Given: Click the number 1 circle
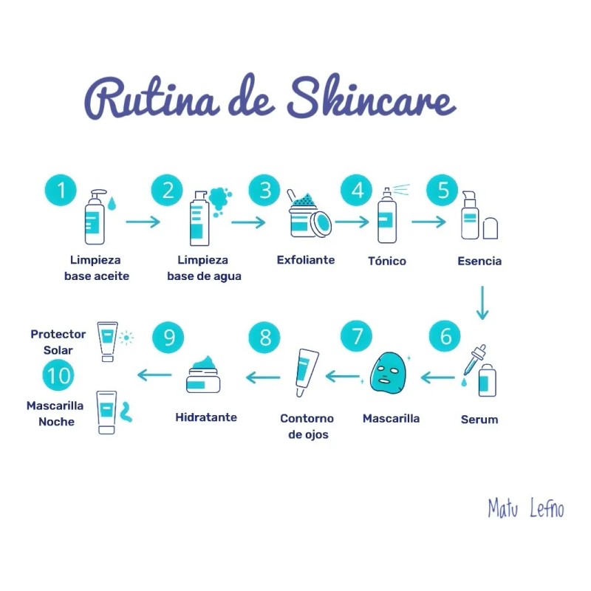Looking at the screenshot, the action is point(62,190).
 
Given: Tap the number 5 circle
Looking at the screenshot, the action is point(443,190).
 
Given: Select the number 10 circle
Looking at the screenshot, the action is point(58,376).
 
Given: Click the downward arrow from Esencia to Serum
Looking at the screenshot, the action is point(482,303).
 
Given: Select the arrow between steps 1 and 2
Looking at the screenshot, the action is point(143,221).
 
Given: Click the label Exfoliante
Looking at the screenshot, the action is point(306,260).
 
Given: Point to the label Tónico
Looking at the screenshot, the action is point(387,261).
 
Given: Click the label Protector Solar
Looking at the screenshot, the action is point(58,341).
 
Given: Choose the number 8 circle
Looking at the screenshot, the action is point(264,338).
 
